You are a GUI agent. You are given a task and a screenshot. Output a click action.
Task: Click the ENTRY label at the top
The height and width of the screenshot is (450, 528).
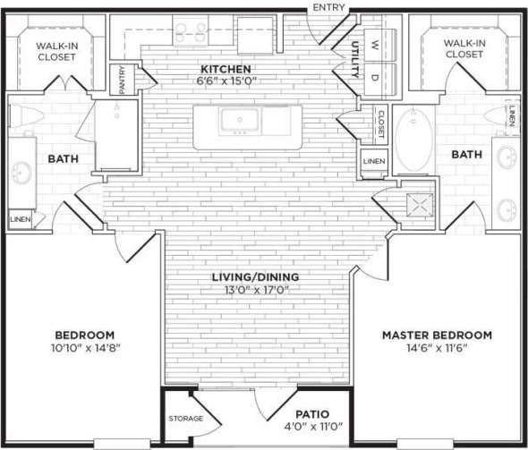(329, 8)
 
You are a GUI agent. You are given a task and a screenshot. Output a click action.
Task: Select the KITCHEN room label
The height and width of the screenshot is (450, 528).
(226, 69)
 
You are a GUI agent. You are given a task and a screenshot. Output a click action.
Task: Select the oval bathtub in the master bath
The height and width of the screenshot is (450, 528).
(413, 140)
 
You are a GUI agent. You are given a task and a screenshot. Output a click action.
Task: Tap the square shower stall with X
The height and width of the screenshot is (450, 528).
(417, 204)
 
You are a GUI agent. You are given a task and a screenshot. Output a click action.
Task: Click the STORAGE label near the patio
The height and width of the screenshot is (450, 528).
(185, 418)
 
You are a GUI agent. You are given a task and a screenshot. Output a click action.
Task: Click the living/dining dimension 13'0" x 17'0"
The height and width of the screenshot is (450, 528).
(262, 289)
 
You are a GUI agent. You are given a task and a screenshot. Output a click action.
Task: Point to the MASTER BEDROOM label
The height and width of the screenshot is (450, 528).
(437, 335)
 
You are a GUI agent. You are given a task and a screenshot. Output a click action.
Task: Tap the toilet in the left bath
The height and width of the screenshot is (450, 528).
(21, 117)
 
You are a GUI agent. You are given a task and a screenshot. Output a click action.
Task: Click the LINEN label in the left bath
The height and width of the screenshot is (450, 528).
(18, 218)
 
